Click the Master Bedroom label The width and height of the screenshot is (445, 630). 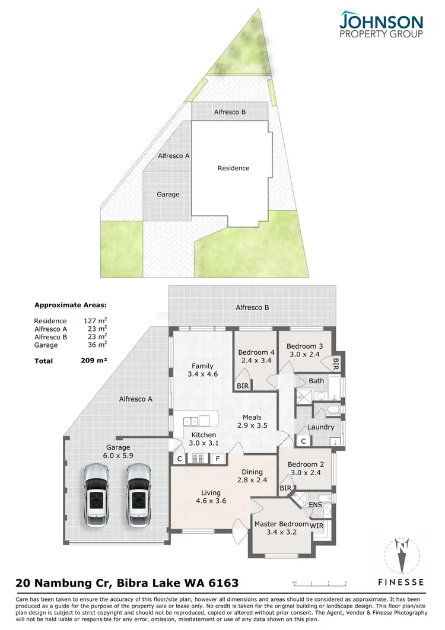tap(281, 524)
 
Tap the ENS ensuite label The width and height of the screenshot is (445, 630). tap(316, 505)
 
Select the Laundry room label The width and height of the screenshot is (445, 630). tap(321, 427)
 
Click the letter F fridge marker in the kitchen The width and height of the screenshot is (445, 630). tap(218, 459)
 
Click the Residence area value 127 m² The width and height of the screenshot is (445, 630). tap(96, 321)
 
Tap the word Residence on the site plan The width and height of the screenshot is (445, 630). tap(233, 168)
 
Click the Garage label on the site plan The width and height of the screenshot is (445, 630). tap(168, 194)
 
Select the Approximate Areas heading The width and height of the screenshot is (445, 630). tap(71, 306)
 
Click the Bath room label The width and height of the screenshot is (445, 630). tap(316, 381)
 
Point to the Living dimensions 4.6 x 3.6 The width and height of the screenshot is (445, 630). tap(211, 501)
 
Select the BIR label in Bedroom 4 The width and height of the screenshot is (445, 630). tap(242, 386)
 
